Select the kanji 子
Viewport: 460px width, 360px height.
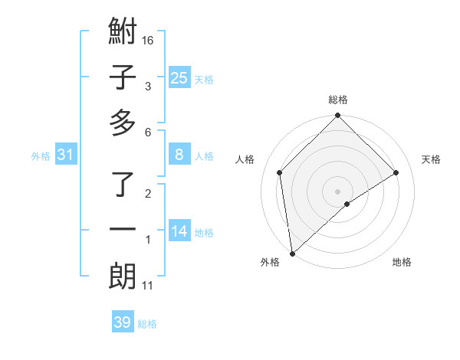pyautogui.click(x=123, y=78)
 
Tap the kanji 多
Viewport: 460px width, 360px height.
pyautogui.click(x=123, y=123)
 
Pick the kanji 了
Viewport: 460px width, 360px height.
pyautogui.click(x=123, y=186)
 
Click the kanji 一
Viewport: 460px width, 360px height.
pyautogui.click(x=123, y=231)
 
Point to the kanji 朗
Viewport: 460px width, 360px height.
pyautogui.click(x=123, y=276)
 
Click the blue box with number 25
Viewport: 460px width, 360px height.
pyautogui.click(x=179, y=78)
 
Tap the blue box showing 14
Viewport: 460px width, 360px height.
pyautogui.click(x=179, y=231)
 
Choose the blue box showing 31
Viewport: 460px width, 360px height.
pyautogui.click(x=65, y=155)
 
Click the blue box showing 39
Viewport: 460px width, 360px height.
pyautogui.click(x=122, y=322)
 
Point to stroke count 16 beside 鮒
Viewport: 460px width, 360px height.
pyautogui.click(x=149, y=40)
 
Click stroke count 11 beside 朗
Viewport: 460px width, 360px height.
pyautogui.click(x=148, y=286)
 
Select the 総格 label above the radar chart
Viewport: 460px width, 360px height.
pyautogui.click(x=338, y=100)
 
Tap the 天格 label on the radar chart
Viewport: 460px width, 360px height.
pyautogui.click(x=431, y=159)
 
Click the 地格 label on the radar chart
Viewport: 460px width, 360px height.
pyautogui.click(x=402, y=262)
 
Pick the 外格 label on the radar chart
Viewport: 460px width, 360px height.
pyautogui.click(x=270, y=262)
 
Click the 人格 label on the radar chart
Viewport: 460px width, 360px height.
pyautogui.click(x=245, y=159)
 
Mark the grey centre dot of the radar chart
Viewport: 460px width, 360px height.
pyautogui.click(x=338, y=191)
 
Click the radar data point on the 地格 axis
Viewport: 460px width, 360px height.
pyautogui.click(x=347, y=204)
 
